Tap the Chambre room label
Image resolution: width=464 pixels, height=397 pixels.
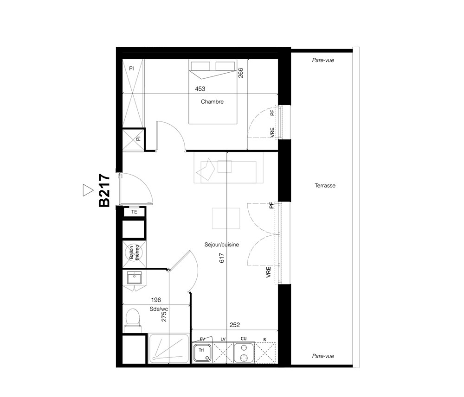(212, 101)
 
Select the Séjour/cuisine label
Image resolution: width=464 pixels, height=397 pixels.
(222, 245)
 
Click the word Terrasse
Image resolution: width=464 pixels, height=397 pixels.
(325, 185)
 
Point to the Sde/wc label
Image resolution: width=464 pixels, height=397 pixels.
(159, 309)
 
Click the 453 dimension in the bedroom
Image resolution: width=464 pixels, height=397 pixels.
(200, 88)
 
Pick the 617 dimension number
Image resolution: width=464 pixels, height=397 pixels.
(222, 258)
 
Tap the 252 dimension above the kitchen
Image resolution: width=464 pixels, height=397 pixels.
(235, 325)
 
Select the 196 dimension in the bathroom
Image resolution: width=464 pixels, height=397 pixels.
(156, 300)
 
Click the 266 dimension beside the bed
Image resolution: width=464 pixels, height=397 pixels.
(240, 73)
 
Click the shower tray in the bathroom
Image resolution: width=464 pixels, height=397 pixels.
(169, 348)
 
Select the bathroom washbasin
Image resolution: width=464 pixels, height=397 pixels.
(134, 278)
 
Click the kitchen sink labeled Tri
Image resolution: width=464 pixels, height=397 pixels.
(202, 353)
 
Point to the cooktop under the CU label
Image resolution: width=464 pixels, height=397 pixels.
(244, 353)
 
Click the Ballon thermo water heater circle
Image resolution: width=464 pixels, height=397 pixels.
(134, 253)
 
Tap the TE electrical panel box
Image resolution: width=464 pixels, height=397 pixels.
(134, 212)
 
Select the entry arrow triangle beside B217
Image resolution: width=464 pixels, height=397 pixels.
(88, 190)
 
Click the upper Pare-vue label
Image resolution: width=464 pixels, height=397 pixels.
(323, 60)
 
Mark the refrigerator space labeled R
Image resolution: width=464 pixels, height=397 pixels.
(265, 353)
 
